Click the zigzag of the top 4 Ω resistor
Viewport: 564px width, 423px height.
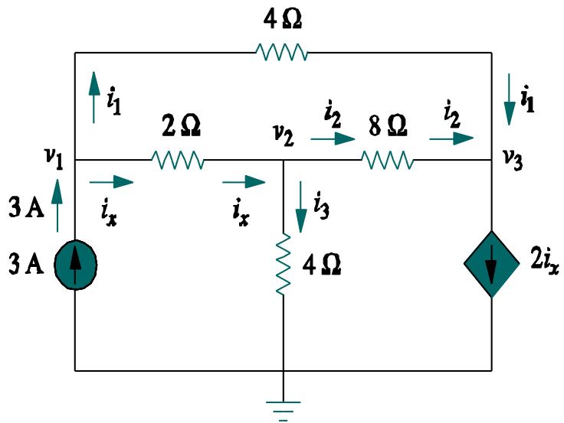(281, 52)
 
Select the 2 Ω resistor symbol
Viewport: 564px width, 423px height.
(178, 160)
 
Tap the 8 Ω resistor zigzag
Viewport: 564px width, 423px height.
(387, 160)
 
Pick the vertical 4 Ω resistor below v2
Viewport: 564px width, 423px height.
(284, 265)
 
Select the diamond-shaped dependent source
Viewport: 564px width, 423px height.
(490, 265)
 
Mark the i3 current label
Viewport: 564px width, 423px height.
(322, 204)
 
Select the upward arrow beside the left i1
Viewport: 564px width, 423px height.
(93, 96)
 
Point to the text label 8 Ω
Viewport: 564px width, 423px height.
(388, 124)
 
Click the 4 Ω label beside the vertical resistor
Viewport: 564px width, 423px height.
(320, 266)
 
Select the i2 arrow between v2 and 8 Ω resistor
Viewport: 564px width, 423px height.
(333, 140)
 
